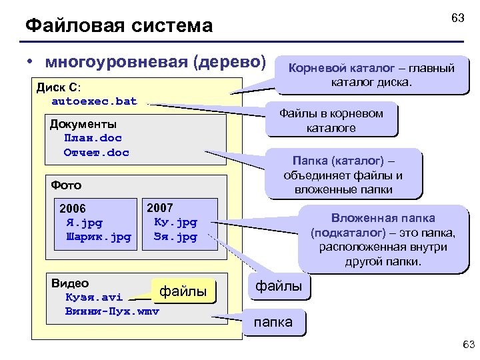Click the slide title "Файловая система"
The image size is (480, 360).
tap(119, 26)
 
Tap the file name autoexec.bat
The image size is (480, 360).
tap(94, 101)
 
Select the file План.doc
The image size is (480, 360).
tap(93, 138)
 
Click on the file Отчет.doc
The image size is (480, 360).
tap(96, 153)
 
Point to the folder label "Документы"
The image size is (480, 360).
tap(83, 124)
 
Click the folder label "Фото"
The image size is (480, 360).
tap(66, 185)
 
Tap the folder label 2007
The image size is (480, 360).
tap(160, 208)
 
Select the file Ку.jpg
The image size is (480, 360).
tap(175, 222)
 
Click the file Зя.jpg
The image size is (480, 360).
tap(175, 237)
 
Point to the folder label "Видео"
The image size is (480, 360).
tap(69, 283)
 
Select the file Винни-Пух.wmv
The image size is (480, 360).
tap(112, 311)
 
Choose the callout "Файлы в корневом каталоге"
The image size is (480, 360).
tap(331, 120)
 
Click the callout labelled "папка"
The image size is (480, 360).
tap(273, 322)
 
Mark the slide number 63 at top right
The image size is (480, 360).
tap(457, 18)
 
